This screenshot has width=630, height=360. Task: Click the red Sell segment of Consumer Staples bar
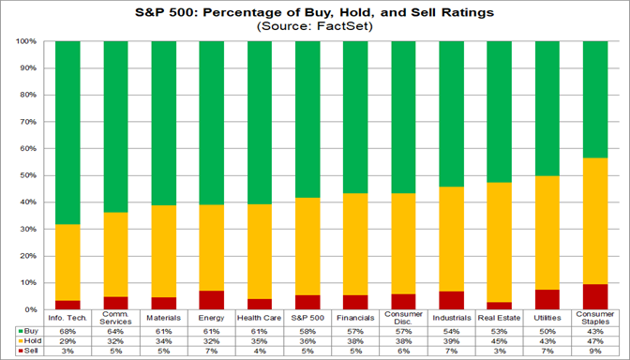pos(594,296)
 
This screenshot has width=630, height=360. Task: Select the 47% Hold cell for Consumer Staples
pos(594,341)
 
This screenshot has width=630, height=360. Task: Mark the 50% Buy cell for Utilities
pos(547,331)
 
